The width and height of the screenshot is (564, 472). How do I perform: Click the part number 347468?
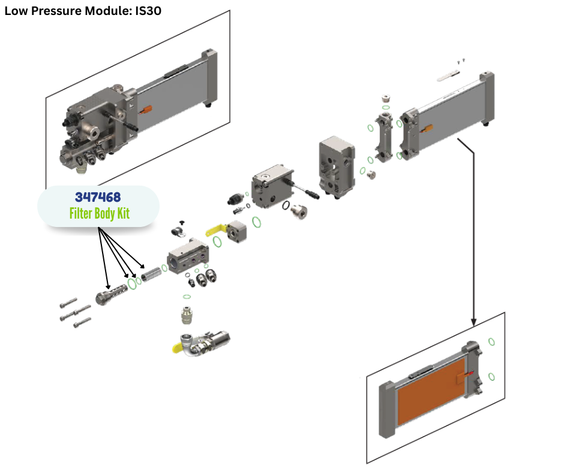pyautogui.click(x=98, y=196)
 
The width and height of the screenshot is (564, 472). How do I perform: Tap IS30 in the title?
pyautogui.click(x=146, y=10)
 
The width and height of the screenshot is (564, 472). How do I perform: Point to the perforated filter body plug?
pyautogui.click(x=110, y=294)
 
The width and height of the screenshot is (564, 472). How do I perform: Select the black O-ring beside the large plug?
pyautogui.click(x=288, y=206)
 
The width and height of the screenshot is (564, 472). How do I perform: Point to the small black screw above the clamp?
pyautogui.click(x=182, y=222)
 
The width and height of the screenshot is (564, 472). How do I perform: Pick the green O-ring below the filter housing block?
pyautogui.click(x=187, y=296)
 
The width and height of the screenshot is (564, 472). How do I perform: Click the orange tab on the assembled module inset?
pyautogui.click(x=146, y=110)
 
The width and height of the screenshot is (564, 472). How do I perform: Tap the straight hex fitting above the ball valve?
pyautogui.click(x=187, y=314)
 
